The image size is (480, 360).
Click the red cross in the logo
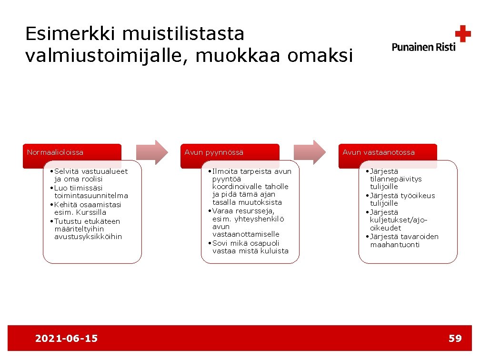pos(462,34)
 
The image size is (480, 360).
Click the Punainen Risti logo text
pos(423,47)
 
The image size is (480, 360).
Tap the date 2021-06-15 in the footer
pos(67,339)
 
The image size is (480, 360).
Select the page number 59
pos(455,339)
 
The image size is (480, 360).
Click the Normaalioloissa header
pos(55,152)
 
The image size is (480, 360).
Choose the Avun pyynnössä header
pos(214,152)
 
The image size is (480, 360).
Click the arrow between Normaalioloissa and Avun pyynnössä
pos(152,152)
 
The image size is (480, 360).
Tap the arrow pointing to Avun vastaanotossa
pos(310,152)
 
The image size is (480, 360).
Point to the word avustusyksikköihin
pos(88,237)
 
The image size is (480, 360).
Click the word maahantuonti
pos(395,245)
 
